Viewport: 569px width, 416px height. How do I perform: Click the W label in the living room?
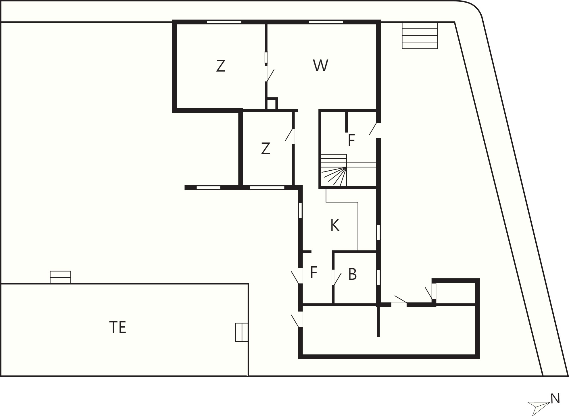pos(320,66)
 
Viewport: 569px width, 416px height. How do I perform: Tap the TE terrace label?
pos(118,327)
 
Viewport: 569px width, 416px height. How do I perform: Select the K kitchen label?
pos(335,225)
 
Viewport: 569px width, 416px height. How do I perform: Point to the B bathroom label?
pos(353,274)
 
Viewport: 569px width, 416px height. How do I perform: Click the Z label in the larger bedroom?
pos(220,66)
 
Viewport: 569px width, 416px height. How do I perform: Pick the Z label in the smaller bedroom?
pos(266,149)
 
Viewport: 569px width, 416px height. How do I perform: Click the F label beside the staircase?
pos(351,140)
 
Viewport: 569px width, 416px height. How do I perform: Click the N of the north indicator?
pos(555,399)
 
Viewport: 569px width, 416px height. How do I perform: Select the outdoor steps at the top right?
pos(420,35)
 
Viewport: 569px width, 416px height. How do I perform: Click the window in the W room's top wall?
pos(326,22)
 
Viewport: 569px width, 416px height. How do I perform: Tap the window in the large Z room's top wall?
pos(224,22)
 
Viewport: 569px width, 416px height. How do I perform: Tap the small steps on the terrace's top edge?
pos(60,277)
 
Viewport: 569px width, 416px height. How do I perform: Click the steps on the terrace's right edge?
pos(242,332)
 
